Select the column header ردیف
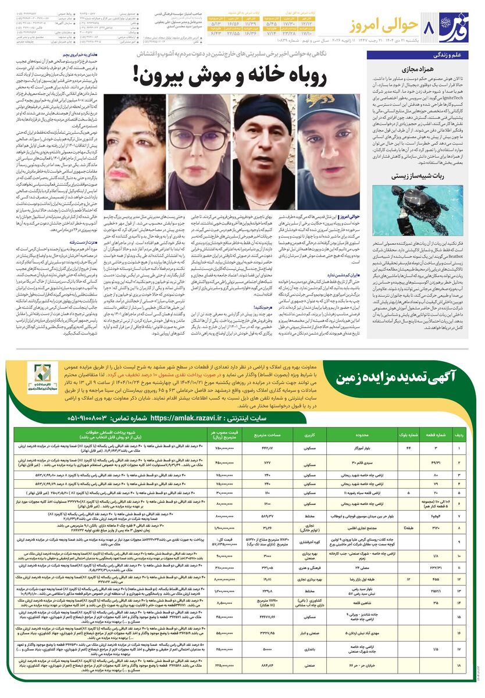[461, 434]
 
